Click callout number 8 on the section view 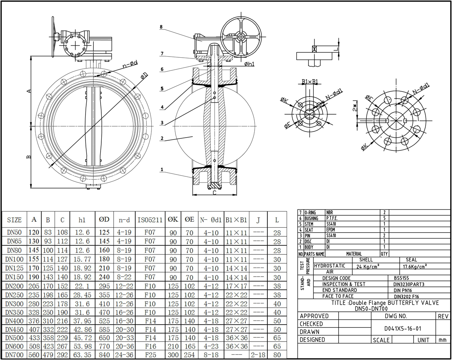[x=161, y=27]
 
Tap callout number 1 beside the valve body [x=162, y=170]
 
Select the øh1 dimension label [x=249, y=64]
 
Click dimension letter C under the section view [x=214, y=193]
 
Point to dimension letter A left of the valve [x=29, y=91]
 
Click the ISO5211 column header [x=149, y=220]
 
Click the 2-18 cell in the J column [x=258, y=355]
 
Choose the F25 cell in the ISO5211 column [x=149, y=355]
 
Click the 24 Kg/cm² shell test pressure [x=368, y=266]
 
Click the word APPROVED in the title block [x=314, y=316]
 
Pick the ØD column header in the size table [x=104, y=220]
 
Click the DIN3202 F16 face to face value [x=406, y=296]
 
